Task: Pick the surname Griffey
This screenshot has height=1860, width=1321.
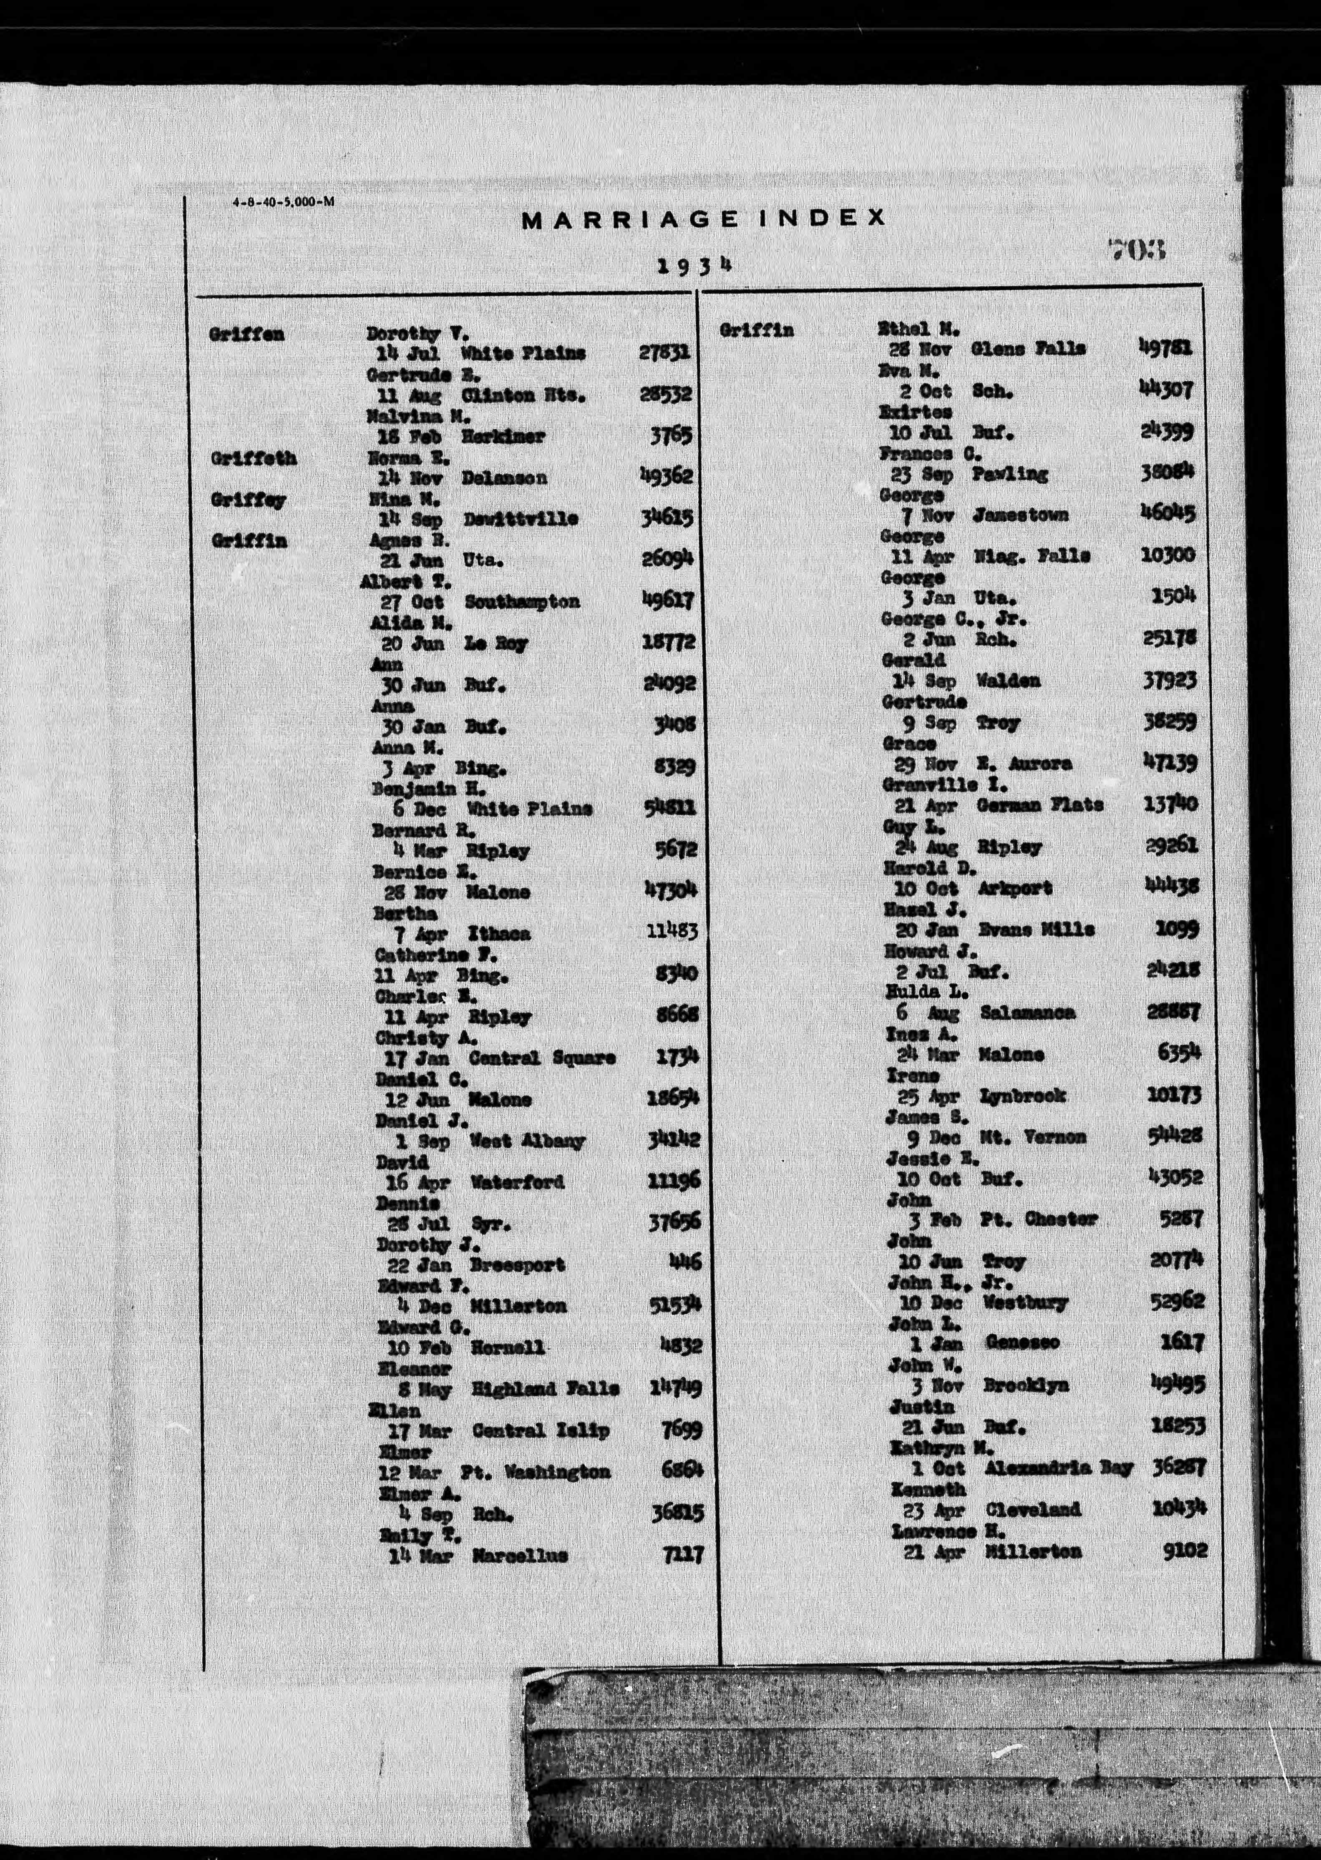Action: [248, 500]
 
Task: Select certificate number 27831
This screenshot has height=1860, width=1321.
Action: [664, 352]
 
